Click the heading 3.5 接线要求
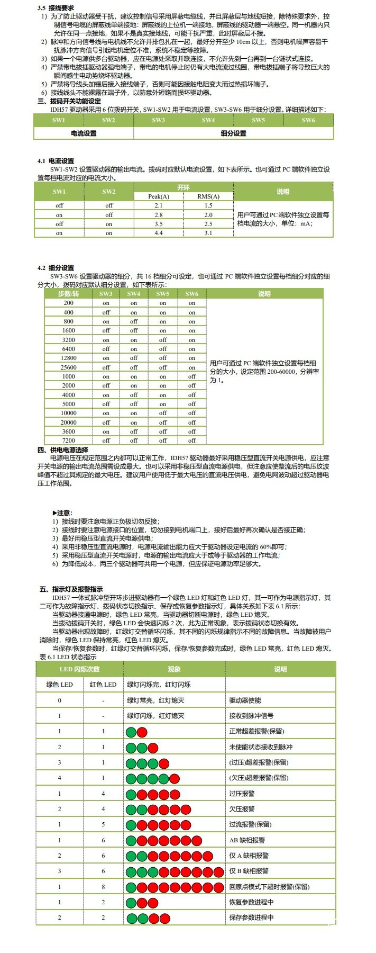click(56, 9)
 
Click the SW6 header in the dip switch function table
click(308, 120)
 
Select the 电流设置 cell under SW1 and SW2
click(84, 133)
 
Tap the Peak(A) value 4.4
click(159, 233)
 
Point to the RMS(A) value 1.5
click(208, 205)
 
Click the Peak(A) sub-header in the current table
click(159, 196)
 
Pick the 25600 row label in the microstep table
click(69, 367)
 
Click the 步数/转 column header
click(69, 294)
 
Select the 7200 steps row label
click(69, 440)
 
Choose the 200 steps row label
click(69, 303)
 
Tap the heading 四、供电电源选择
click(63, 450)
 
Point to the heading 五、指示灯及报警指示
click(71, 589)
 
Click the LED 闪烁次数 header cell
click(79, 669)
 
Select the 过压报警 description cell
click(242, 794)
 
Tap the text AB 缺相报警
click(247, 840)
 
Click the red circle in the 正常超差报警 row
click(142, 732)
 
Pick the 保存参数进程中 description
click(251, 918)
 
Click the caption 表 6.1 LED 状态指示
click(68, 657)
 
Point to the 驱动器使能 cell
click(245, 700)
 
